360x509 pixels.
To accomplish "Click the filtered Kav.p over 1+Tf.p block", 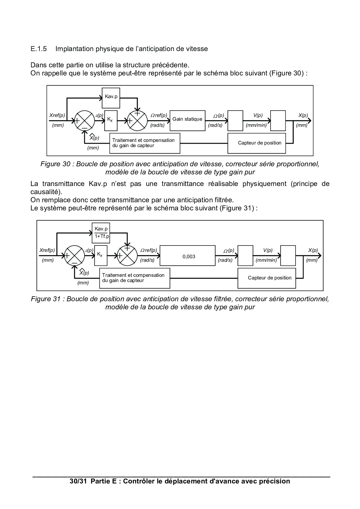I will (101, 232).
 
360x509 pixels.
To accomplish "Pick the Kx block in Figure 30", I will (111, 120).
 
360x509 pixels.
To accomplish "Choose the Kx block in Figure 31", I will (100, 255).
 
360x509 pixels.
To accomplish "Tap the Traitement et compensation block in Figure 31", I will (134, 278).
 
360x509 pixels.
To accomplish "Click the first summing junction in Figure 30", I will (84, 120).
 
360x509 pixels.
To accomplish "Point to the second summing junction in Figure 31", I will (127, 255).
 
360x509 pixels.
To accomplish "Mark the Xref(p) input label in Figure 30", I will (57, 115).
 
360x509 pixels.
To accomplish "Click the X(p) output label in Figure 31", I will (313, 250).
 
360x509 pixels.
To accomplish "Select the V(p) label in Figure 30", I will (258, 115).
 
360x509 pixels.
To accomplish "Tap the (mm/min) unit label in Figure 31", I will (266, 260).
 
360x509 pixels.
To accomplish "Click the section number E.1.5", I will (39, 49).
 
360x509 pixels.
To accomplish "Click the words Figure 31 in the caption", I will (46, 299).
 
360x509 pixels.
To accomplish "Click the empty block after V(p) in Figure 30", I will (278, 120).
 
